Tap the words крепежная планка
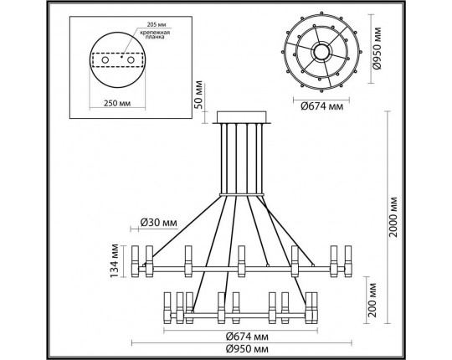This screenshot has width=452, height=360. (x=155, y=34)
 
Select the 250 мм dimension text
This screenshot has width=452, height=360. (x=117, y=103)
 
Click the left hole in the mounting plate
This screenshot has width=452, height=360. (x=105, y=60)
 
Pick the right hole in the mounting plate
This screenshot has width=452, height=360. (x=131, y=60)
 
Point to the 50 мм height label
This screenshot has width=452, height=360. (x=198, y=95)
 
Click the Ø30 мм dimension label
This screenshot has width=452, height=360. (x=158, y=223)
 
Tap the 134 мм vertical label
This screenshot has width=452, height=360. (x=115, y=261)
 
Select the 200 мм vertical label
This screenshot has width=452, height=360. (x=372, y=300)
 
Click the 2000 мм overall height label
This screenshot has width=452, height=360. (x=393, y=217)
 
